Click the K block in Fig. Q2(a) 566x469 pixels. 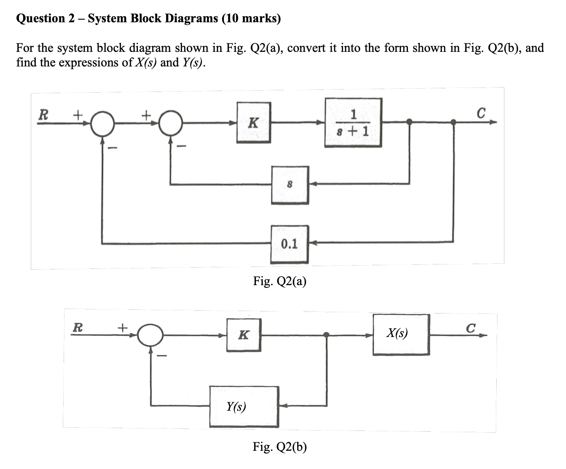point(253,122)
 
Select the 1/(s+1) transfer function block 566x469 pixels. point(353,122)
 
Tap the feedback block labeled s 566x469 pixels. point(290,185)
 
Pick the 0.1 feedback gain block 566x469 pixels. point(289,244)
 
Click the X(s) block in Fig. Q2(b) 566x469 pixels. point(401,335)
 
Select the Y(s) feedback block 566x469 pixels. point(244,406)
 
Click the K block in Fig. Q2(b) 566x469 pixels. point(243,335)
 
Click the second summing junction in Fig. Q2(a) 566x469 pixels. point(171,123)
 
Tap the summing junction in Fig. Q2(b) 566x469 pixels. point(150,335)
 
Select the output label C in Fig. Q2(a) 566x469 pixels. point(480,113)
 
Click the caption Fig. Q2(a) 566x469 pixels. point(280,281)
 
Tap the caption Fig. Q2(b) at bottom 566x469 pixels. point(280,447)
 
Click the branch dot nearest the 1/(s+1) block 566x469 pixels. point(409,121)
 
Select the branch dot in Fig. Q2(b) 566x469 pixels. point(326,335)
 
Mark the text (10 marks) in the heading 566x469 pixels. point(251,19)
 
